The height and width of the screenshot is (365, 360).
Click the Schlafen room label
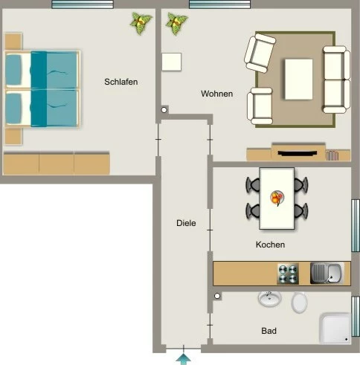click(121, 82)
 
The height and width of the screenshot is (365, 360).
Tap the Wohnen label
click(217, 94)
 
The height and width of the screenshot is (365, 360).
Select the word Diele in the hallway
click(186, 223)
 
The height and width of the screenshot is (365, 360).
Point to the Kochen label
click(270, 245)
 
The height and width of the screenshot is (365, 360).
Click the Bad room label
click(269, 331)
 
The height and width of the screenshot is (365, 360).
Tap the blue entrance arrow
click(184, 359)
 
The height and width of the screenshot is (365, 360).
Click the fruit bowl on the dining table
click(277, 198)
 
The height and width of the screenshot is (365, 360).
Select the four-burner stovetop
click(288, 274)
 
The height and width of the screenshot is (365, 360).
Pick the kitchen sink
click(327, 274)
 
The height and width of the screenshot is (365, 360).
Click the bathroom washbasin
click(269, 299)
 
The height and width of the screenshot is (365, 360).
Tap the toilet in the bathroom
click(299, 302)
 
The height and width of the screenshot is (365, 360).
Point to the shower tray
click(335, 329)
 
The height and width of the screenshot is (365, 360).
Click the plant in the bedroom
click(141, 23)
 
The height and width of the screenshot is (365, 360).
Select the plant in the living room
click(176, 24)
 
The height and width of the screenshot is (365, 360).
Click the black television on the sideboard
click(298, 153)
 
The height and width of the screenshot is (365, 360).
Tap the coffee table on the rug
click(298, 80)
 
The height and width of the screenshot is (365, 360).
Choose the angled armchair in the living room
click(260, 53)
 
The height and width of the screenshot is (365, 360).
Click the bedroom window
click(83, 4)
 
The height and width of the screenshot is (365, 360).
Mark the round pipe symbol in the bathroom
click(217, 296)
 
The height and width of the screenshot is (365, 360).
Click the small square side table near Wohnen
click(172, 62)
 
